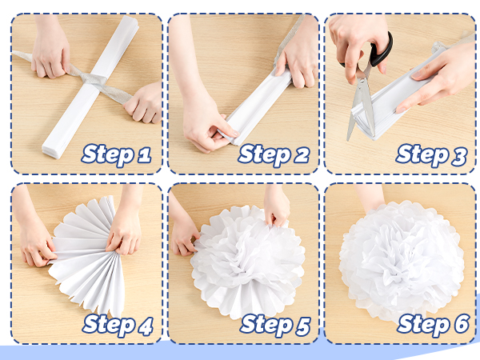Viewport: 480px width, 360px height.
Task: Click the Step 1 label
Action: pyautogui.click(x=117, y=155)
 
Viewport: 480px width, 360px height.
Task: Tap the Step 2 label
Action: pyautogui.click(x=274, y=155)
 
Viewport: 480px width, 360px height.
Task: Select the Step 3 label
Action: pyautogui.click(x=432, y=155)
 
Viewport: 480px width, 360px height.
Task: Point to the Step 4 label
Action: pyautogui.click(x=118, y=325)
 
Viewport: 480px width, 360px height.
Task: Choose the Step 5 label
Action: pyautogui.click(x=275, y=325)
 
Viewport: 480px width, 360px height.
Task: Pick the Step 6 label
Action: pyautogui.click(x=433, y=325)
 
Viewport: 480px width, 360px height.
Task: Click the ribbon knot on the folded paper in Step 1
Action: pyautogui.click(x=93, y=80)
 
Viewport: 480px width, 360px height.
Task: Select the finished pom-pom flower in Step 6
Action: pyautogui.click(x=401, y=260)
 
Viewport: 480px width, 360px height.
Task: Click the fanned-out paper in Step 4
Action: pyautogui.click(x=87, y=256)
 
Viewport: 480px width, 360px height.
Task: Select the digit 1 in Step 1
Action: pyautogui.click(x=144, y=155)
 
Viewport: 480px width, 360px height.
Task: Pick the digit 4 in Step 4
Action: pyautogui.click(x=146, y=326)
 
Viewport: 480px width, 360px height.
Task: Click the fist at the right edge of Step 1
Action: pyautogui.click(x=144, y=102)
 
